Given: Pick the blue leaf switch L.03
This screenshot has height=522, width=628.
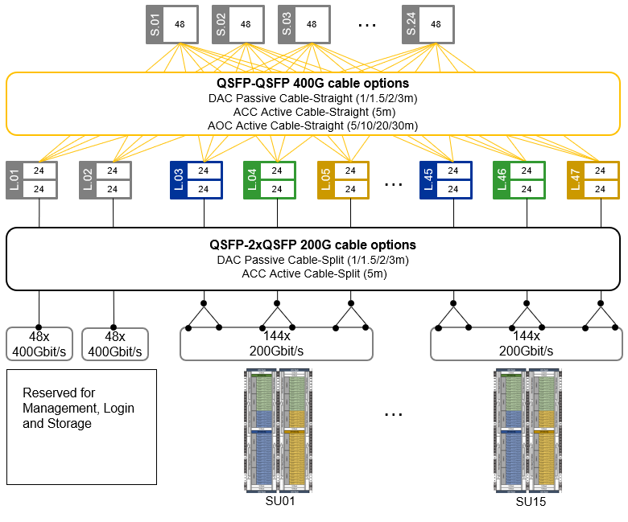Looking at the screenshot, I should tap(196, 179).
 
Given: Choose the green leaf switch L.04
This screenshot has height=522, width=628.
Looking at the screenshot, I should tap(270, 179).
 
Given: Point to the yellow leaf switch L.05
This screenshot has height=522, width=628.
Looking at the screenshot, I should tap(343, 179).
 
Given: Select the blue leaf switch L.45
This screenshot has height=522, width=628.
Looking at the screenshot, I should tap(445, 179).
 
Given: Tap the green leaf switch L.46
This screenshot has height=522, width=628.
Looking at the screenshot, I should tap(519, 179).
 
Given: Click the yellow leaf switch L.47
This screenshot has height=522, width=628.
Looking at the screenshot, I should tap(593, 179).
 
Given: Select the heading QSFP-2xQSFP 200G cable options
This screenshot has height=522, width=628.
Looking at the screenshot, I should tap(313, 245).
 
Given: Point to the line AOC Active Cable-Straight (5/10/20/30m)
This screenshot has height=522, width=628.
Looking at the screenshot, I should tap(313, 125).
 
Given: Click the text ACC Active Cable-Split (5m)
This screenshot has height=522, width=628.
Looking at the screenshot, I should tap(313, 274).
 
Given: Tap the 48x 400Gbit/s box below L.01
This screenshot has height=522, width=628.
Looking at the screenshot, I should tap(39, 344).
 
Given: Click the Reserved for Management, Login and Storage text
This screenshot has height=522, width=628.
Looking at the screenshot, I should tap(79, 408).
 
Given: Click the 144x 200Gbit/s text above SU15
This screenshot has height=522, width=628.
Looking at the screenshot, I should tap(526, 344).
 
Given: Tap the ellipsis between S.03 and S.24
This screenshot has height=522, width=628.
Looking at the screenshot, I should tap(366, 25).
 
